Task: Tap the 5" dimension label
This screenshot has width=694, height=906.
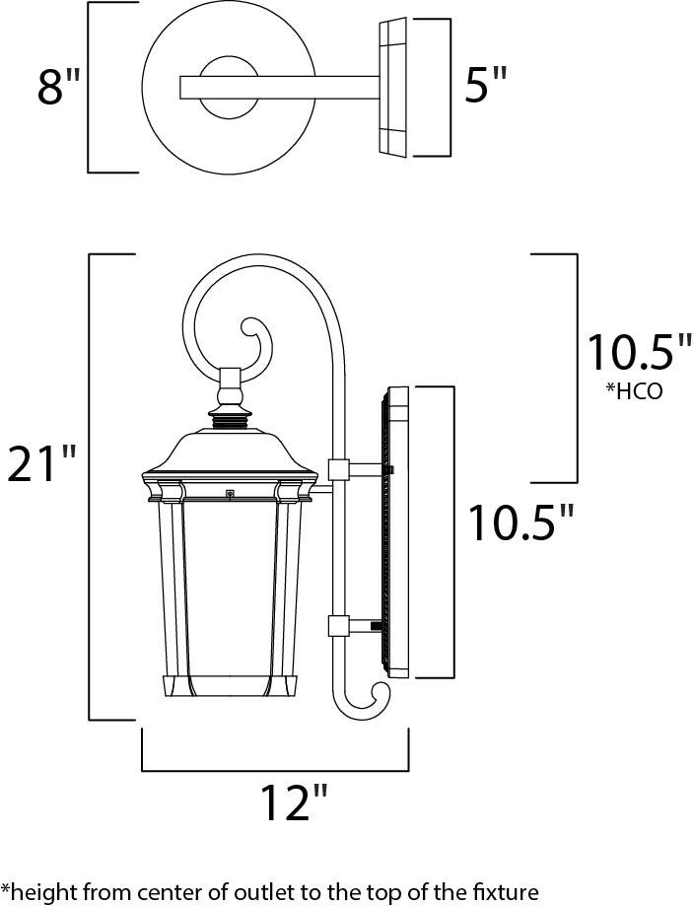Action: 485,85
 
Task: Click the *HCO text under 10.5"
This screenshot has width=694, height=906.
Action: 633,391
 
